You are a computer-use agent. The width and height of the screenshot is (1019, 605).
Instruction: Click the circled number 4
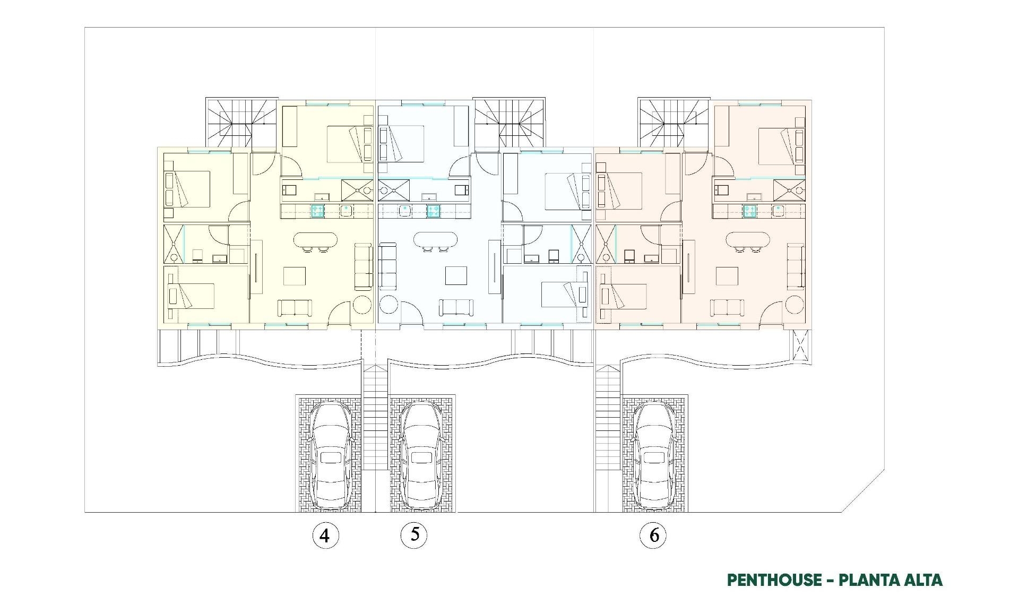tap(325, 535)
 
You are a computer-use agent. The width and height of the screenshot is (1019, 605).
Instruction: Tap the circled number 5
tap(413, 534)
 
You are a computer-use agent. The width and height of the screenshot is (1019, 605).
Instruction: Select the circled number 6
tap(653, 535)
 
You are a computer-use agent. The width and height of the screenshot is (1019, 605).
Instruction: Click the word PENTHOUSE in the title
tap(774, 580)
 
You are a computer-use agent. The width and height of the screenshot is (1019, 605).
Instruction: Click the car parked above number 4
tap(330, 455)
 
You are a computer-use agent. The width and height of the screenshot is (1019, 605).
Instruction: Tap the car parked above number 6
tap(654, 455)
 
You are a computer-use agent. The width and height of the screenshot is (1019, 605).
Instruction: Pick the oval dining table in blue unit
tap(436, 240)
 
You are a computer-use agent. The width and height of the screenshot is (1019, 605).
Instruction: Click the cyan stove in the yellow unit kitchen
tap(317, 211)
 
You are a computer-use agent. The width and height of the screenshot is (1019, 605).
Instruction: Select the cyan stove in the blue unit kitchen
tap(433, 211)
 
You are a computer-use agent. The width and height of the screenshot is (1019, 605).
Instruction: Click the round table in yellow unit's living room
tap(363, 306)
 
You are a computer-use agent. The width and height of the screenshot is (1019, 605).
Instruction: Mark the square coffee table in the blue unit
tap(456, 276)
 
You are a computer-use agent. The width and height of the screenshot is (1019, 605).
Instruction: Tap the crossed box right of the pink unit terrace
tap(800, 345)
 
